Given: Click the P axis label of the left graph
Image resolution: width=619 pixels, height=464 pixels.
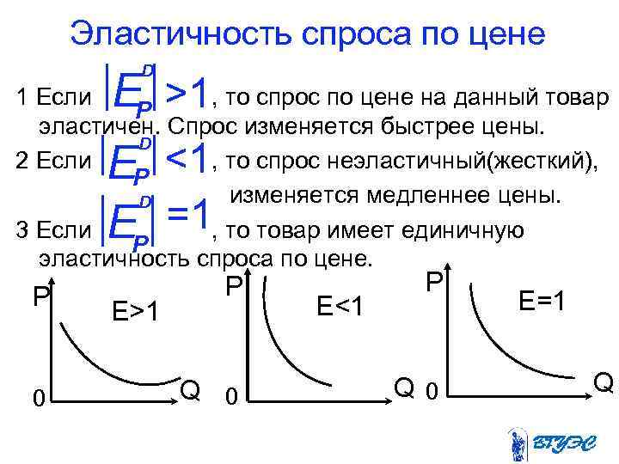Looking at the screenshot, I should point(40,297).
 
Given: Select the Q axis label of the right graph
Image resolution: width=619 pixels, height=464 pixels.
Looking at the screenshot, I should point(604,382).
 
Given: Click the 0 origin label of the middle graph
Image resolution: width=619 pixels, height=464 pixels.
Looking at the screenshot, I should point(230,397).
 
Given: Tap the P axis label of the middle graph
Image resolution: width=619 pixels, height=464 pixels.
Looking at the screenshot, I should point(233,287).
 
